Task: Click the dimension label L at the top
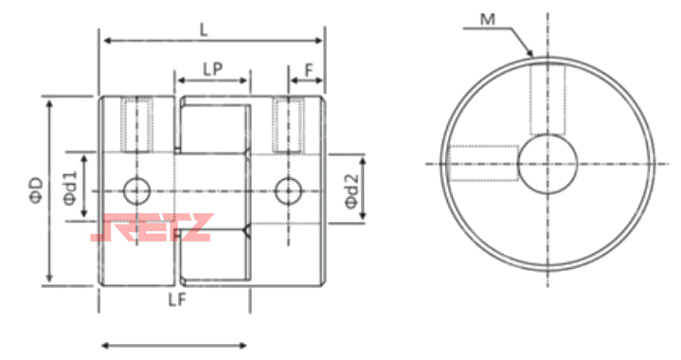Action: [x=204, y=30]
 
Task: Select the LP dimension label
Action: [x=213, y=68]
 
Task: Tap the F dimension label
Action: [x=309, y=69]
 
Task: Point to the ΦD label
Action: [x=37, y=189]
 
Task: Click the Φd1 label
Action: [x=70, y=188]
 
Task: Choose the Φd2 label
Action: [x=351, y=191]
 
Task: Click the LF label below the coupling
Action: [x=177, y=299]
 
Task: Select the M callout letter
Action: [x=488, y=20]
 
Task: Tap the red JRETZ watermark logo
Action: [x=152, y=227]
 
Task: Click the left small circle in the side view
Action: [x=136, y=191]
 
